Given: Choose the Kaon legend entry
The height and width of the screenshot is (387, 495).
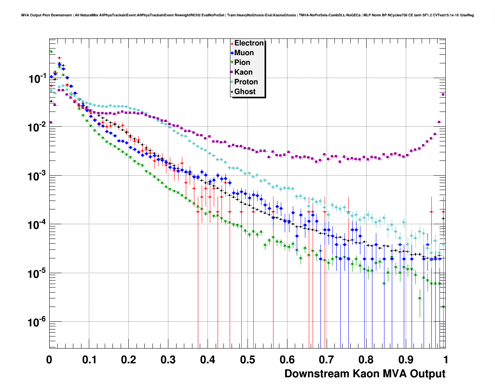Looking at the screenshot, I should (x=243, y=72).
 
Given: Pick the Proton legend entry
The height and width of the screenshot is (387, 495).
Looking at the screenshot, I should (x=246, y=82).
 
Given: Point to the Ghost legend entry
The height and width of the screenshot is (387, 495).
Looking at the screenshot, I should (x=245, y=92).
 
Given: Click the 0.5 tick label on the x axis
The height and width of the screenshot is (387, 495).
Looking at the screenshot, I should (x=247, y=360).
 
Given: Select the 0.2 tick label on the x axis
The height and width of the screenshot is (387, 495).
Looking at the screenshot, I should (x=128, y=360).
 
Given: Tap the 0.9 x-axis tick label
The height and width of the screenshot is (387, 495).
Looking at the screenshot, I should (x=406, y=360).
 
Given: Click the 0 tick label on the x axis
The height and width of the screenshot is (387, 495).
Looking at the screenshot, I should (x=49, y=360).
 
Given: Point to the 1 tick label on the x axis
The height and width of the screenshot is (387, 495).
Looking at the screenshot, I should (x=446, y=360).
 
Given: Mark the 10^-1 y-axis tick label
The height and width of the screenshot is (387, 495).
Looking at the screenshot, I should (x=37, y=78).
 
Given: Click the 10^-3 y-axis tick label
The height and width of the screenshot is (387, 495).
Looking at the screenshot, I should (x=37, y=176).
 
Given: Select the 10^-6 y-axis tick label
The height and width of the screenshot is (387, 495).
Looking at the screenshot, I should (x=37, y=322).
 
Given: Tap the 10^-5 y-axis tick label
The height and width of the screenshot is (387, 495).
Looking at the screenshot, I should (x=37, y=274).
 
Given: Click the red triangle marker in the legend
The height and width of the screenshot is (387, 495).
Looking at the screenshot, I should (x=232, y=44).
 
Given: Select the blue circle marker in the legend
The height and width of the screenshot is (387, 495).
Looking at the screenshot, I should (x=232, y=53).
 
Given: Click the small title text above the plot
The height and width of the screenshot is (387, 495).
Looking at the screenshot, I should (x=247, y=15).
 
